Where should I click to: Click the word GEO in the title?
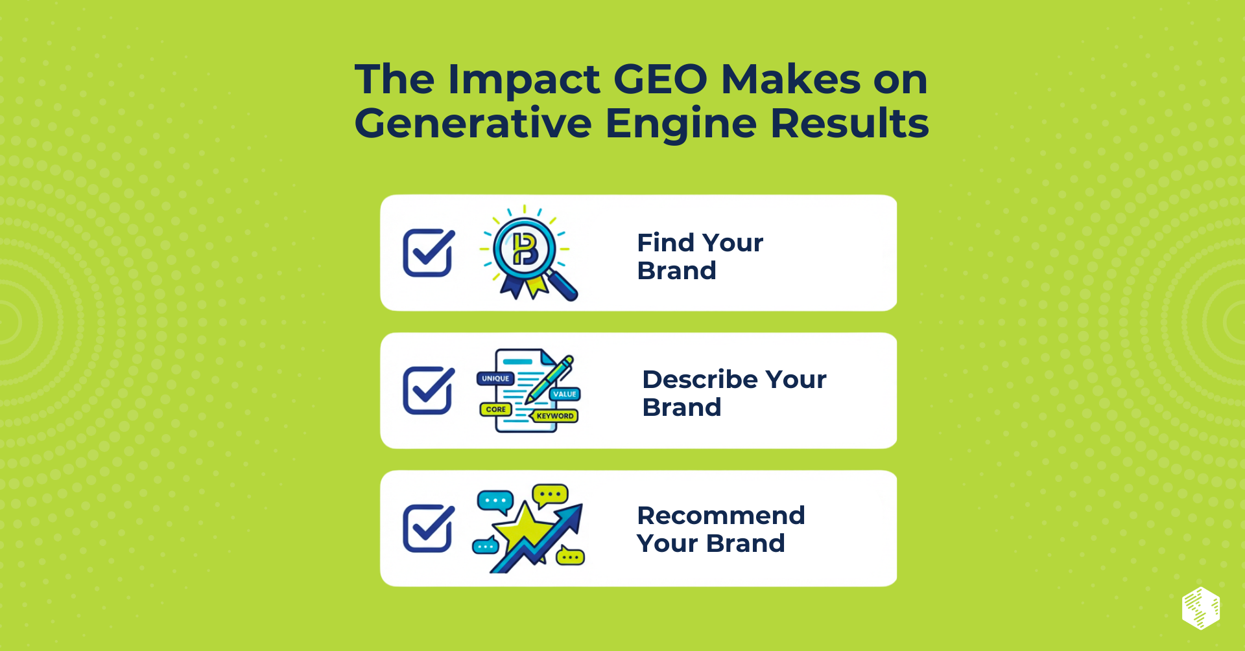[x=660, y=80]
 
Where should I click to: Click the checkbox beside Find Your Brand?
[x=428, y=253]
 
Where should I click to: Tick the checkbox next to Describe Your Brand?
[x=428, y=390]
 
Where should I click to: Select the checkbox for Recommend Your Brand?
[x=428, y=528]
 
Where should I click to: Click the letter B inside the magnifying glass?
[x=525, y=249]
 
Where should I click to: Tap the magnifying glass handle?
[x=562, y=285]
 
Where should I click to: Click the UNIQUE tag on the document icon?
[x=495, y=378]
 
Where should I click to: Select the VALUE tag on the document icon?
[x=565, y=394]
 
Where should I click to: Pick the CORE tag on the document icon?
[x=495, y=409]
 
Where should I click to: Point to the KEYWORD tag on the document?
[x=555, y=416]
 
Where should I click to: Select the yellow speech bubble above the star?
[x=550, y=496]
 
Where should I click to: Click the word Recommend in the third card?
[x=721, y=516]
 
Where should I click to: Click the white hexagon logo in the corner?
[x=1201, y=608]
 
